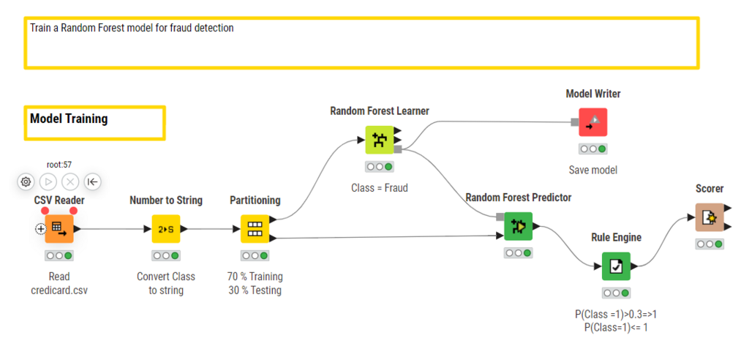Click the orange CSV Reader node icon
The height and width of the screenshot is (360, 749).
pos(59,228)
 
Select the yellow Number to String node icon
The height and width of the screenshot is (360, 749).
pos(166,228)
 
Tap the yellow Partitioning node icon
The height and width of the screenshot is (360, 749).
pos(255,228)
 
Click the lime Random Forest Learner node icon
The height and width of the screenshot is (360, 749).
pos(380,140)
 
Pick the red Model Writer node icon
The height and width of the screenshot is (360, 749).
pos(592,122)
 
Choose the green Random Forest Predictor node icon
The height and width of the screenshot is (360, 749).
pos(518,226)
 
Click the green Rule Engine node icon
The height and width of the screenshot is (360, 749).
pos(616,266)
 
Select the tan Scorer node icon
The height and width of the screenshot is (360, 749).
pos(709,217)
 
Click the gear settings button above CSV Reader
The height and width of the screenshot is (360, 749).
pos(26,181)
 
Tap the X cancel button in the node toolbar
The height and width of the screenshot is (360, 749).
pos(70,181)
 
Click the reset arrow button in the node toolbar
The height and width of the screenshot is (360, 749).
pos(93,181)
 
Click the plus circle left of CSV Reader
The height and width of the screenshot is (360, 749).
pos(41,229)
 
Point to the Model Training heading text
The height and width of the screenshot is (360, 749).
pos(69,119)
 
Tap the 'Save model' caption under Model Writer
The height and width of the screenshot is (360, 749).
pos(592,170)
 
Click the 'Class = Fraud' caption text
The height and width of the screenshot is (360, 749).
pos(380,188)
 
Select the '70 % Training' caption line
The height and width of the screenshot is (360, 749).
pos(255,277)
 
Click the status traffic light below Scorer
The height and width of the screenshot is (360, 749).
pos(709,244)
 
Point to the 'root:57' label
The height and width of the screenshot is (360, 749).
pos(59,165)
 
